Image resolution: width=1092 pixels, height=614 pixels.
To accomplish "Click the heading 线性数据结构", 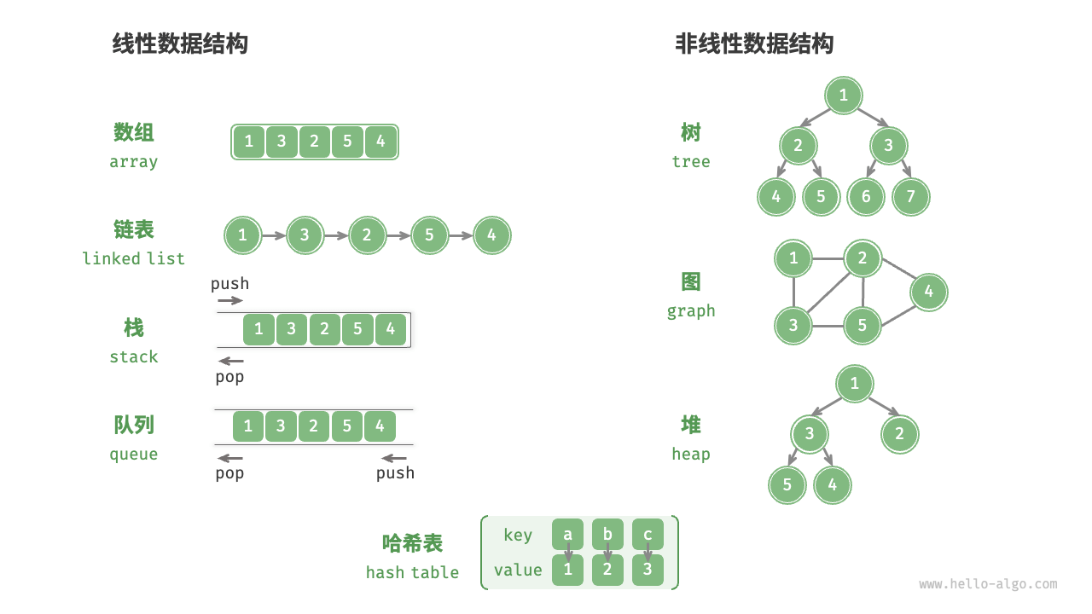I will coord(180,43).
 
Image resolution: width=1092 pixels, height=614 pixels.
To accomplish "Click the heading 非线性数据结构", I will coord(754,43).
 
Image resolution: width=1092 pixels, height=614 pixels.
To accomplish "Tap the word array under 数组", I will coord(134,162).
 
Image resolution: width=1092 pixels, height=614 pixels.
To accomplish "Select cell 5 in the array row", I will coord(347,142).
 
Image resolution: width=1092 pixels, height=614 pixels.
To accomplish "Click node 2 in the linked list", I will coord(367,235).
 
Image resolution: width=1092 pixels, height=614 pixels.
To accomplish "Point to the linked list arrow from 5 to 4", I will coord(461,235).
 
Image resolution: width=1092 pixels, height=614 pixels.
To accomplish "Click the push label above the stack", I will coord(229,284).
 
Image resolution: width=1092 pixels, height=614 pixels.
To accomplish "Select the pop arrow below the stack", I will coord(230,362).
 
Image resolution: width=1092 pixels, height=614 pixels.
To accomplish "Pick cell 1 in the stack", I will coord(258,329).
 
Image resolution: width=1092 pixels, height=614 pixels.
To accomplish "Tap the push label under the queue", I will coord(395,473).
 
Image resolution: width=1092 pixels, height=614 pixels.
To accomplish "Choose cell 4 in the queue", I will coord(380,426).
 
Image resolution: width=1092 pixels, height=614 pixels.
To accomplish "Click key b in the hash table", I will coord(607,535).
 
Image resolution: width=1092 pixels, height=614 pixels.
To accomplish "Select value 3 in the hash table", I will coord(648,570).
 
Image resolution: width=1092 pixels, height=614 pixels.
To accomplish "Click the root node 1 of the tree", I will coord(844,95).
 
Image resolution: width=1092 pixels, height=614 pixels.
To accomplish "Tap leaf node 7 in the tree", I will coord(910,197).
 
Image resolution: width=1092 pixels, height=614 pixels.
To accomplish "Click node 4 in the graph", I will coord(928,292).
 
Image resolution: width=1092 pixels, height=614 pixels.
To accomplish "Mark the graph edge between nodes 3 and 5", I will coord(828,326).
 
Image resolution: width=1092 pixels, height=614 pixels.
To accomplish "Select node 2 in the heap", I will coord(899,434).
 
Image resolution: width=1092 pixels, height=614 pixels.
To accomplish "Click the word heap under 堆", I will coord(691,455).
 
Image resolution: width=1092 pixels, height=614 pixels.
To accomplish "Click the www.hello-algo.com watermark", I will coord(988,584).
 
